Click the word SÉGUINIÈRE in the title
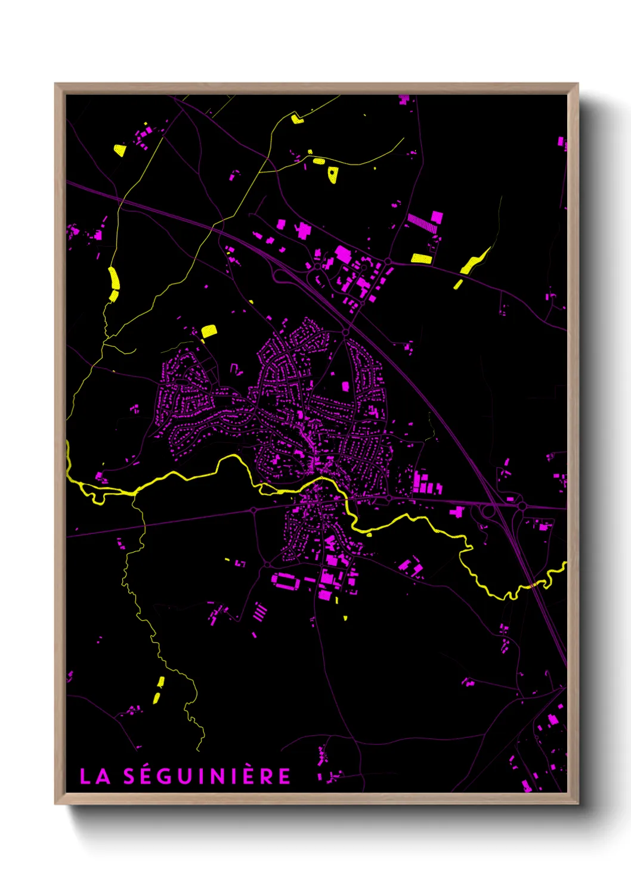coord(207,776)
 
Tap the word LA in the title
coord(95,776)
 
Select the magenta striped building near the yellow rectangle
coord(422,223)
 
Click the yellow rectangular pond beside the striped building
coord(421,258)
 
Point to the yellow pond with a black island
coord(333,174)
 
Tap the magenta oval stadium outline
coord(283,580)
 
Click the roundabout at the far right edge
coord(522,506)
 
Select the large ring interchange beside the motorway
coord(488,511)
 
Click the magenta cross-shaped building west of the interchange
coord(457,511)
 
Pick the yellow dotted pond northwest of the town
coord(209,331)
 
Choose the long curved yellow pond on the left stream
coord(113,283)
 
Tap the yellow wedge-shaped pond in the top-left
coord(120,150)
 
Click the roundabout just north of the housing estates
coord(345,332)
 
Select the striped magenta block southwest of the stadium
coord(261,611)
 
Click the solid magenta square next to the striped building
coord(437,216)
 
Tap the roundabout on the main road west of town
coord(253,510)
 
